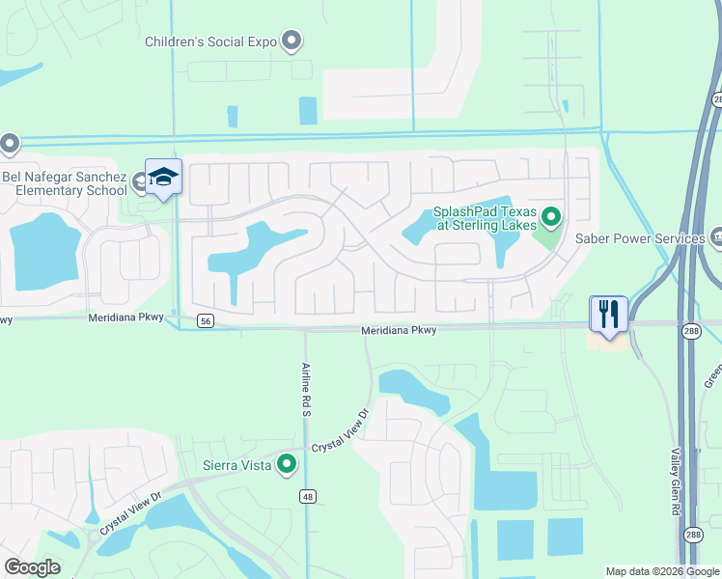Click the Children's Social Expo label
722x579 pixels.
click(210, 41)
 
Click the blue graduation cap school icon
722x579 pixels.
click(163, 177)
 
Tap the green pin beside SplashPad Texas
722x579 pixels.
click(551, 216)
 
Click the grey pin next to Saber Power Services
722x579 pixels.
click(716, 236)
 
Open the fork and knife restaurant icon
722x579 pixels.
click(609, 314)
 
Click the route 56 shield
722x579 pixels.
click(205, 322)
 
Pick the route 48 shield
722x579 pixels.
click(307, 496)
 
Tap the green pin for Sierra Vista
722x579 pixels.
click(287, 465)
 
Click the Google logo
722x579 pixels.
click(32, 567)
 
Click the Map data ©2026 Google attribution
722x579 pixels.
click(662, 571)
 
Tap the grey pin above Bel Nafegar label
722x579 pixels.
click(10, 145)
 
